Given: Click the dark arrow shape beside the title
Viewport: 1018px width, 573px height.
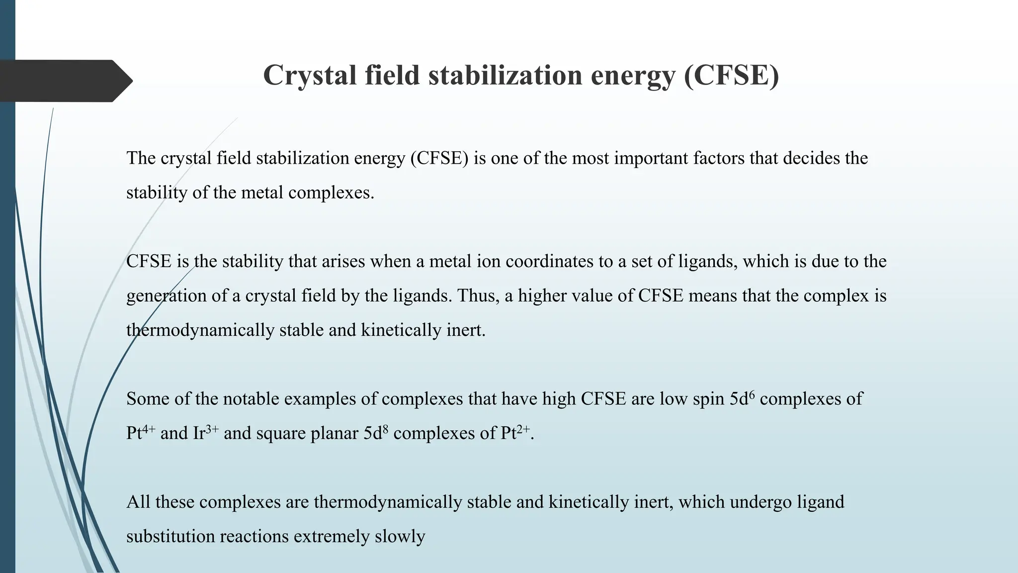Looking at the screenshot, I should point(65,81).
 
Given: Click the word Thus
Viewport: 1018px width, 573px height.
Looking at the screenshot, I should point(478,296).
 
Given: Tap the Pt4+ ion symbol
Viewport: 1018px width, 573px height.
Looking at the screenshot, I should point(141,433).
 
